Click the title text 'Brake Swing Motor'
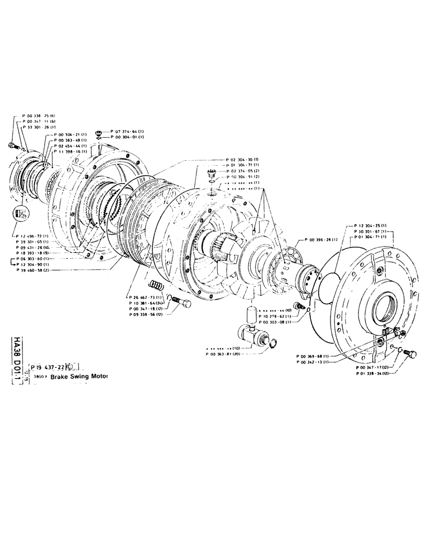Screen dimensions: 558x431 pyautogui.click(x=79, y=377)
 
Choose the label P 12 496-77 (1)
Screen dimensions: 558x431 pyautogui.click(x=36, y=236)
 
